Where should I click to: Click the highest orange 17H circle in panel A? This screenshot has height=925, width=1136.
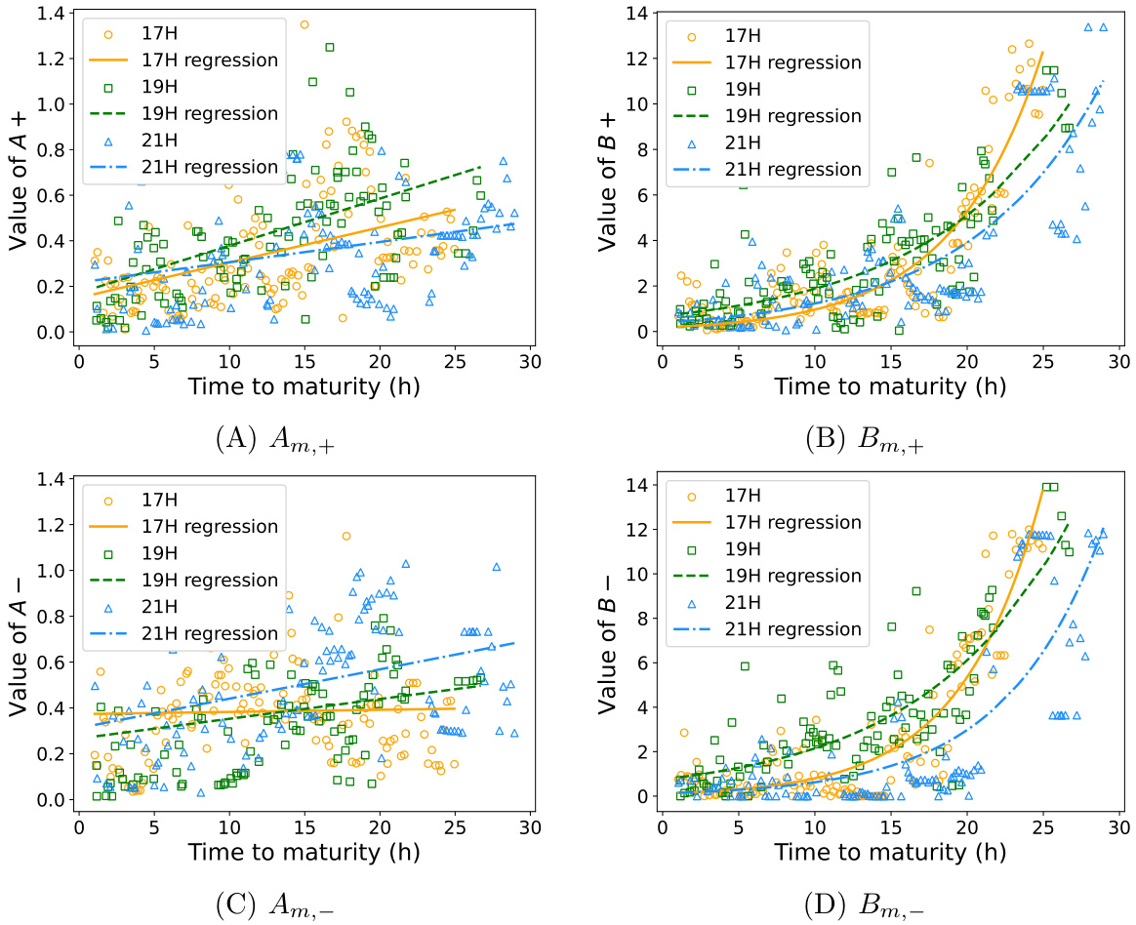pos(304,24)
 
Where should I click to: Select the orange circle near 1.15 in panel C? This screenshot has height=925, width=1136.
pos(346,536)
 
